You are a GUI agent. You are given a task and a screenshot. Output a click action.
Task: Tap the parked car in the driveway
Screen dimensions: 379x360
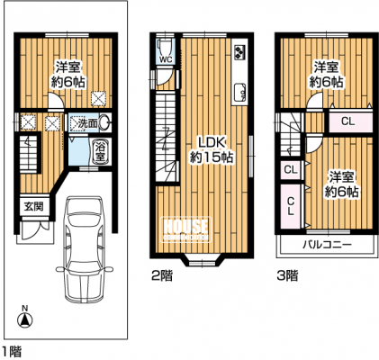pyautogui.click(x=85, y=249)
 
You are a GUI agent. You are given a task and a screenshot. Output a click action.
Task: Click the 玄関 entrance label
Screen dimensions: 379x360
pyautogui.click(x=33, y=207)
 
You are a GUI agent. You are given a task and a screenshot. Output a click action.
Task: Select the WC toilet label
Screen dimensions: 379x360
pyautogui.click(x=166, y=59)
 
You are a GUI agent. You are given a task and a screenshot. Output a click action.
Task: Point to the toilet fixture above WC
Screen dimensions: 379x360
pyautogui.click(x=165, y=47)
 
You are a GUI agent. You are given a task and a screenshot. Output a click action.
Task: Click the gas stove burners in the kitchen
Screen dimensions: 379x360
pyautogui.click(x=240, y=50)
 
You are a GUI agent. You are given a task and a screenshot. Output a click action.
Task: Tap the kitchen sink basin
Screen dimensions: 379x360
pyautogui.click(x=240, y=92)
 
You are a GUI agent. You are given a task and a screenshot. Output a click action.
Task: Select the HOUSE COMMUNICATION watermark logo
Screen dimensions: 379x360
pyautogui.click(x=186, y=229)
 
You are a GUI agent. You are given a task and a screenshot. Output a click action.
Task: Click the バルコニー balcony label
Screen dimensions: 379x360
pyautogui.click(x=327, y=245)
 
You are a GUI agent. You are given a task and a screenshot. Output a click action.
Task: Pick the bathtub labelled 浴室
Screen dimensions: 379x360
pyautogui.click(x=100, y=152)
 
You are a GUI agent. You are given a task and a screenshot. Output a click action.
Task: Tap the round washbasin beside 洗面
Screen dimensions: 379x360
pyautogui.click(x=104, y=122)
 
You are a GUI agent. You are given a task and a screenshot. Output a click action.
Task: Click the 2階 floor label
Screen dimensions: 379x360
pyautogui.click(x=162, y=275)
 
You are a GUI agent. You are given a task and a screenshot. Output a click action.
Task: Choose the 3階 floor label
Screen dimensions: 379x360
pyautogui.click(x=287, y=275)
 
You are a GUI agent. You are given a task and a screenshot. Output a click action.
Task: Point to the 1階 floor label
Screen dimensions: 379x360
pyautogui.click(x=13, y=351)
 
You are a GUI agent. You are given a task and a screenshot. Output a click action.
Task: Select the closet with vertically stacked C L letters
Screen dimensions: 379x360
pyautogui.click(x=291, y=206)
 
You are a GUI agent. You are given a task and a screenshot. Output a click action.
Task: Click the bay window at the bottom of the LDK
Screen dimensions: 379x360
pyautogui.click(x=202, y=260)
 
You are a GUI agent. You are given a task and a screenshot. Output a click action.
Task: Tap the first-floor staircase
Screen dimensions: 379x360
pyautogui.click(x=29, y=154)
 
